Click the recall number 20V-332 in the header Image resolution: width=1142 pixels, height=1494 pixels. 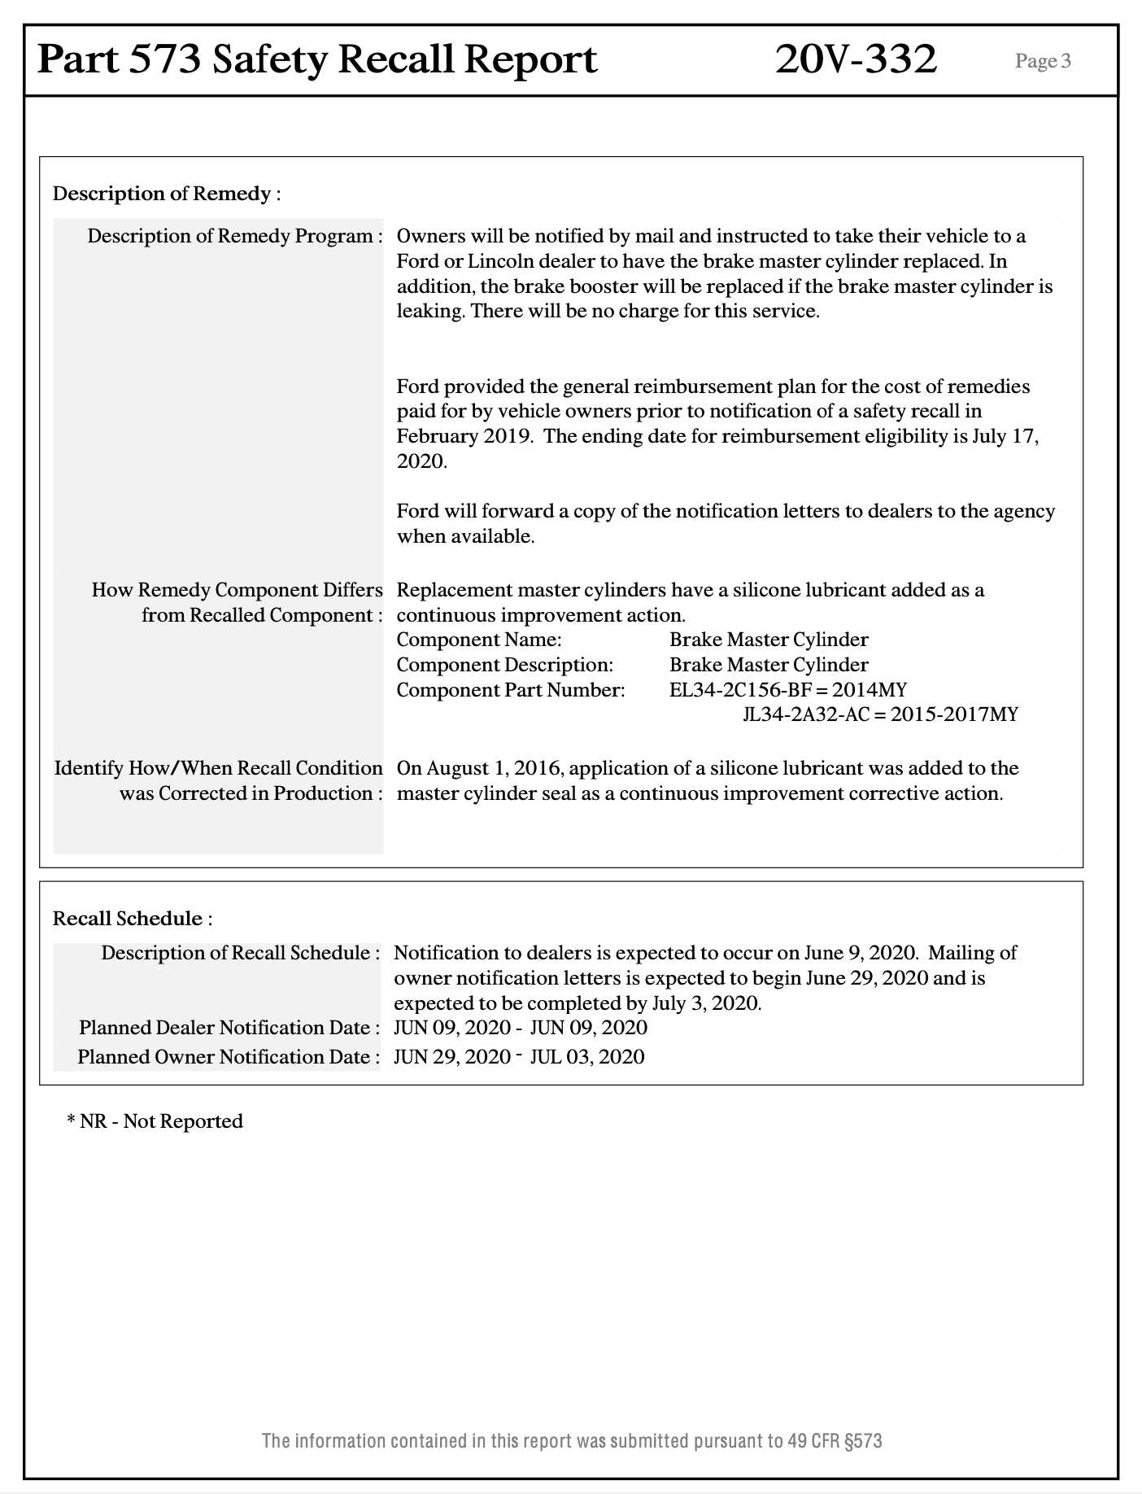[856, 59]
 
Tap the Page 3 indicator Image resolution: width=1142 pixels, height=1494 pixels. [1043, 61]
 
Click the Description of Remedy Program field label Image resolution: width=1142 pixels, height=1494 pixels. [235, 236]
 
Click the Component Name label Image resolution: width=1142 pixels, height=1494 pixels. [479, 640]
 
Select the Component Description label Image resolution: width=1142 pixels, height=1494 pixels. [504, 665]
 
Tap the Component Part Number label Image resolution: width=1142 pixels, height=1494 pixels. [511, 690]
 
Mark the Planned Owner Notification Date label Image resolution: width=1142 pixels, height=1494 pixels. [229, 1057]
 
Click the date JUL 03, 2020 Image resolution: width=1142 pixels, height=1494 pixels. [587, 1057]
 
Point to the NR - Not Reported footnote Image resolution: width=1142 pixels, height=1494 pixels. [155, 1121]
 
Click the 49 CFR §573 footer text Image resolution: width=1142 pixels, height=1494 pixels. [835, 1441]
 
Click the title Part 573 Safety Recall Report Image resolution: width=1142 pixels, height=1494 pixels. [317, 59]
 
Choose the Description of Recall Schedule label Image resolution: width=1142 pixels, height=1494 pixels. [240, 953]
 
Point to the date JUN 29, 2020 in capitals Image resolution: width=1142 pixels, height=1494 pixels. [451, 1057]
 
